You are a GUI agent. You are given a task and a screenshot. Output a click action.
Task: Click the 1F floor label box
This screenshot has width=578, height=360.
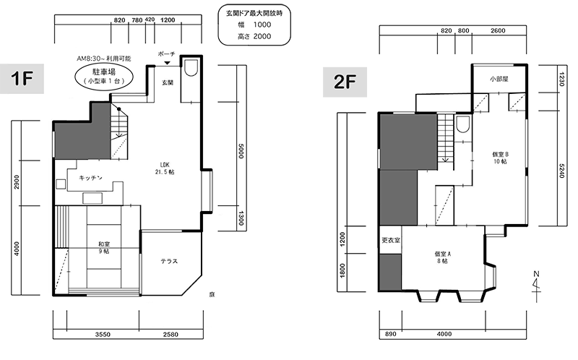22,79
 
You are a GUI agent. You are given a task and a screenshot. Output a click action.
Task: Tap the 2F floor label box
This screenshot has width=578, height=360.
345,82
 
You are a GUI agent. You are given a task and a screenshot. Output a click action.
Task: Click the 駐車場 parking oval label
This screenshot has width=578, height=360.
103,77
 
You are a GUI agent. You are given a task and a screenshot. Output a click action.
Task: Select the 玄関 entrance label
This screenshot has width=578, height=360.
168,82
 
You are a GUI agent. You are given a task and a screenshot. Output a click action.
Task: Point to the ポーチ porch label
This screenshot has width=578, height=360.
167,54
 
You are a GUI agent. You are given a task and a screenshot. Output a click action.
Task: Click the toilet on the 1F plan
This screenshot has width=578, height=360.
191,67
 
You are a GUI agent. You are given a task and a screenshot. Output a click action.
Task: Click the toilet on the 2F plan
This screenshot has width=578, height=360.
462,124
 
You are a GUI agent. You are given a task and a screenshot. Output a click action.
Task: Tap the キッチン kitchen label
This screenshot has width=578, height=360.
91,178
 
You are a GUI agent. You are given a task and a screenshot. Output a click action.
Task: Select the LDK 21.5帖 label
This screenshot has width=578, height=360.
165,168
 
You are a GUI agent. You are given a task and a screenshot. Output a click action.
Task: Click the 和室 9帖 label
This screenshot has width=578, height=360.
103,247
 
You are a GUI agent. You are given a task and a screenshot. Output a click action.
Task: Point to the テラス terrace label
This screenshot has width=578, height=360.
169,261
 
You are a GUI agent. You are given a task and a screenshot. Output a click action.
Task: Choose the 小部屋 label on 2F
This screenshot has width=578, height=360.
499,79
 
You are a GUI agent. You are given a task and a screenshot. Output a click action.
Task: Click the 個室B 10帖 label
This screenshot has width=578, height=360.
500,158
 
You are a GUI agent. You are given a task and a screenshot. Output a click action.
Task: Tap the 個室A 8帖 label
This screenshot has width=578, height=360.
442,257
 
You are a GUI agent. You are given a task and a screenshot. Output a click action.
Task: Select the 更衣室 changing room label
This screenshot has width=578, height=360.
391,240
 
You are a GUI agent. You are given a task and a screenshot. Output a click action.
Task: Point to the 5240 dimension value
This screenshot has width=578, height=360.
561,171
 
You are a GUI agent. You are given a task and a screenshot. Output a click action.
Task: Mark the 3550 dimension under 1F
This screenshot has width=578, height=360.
103,335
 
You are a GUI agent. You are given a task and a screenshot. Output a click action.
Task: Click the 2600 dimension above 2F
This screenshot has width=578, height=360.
498,30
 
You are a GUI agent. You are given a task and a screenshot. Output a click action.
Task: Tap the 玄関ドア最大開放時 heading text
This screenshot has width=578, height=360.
254,13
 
